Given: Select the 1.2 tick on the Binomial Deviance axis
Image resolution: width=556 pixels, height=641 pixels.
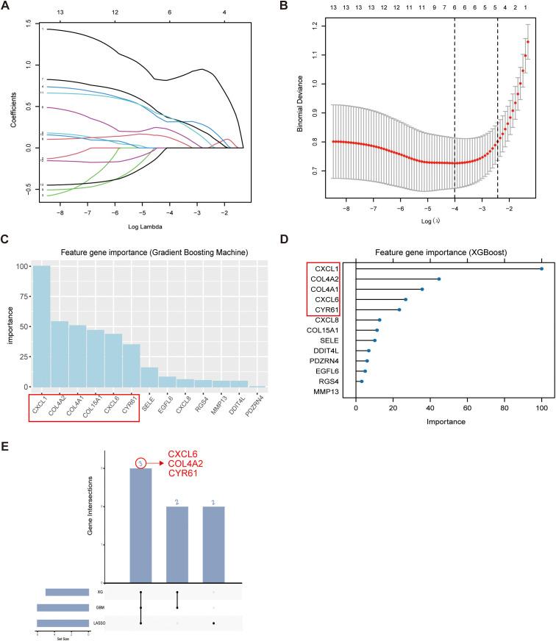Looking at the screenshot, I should tap(314, 26).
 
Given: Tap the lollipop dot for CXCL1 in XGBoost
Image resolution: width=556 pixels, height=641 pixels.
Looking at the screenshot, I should tap(541, 268).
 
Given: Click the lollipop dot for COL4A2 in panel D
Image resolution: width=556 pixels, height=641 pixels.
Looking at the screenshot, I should tap(439, 279).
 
